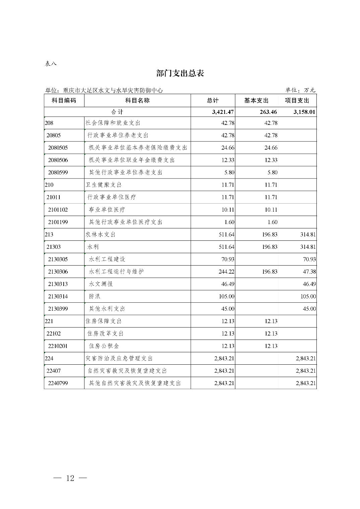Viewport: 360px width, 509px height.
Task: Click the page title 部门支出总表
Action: coord(180,73)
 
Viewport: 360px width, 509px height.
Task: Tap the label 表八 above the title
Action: coord(51,63)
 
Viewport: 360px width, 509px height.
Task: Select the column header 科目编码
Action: coord(64,100)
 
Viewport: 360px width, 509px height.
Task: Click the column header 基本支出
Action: coord(256,100)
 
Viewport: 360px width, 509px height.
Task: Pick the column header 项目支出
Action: coord(297,100)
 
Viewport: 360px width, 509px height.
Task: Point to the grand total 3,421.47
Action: coord(223,112)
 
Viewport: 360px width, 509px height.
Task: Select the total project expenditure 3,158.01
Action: coord(304,112)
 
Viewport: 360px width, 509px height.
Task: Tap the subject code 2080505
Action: coord(58,148)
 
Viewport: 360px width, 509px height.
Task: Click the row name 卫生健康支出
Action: coord(103,185)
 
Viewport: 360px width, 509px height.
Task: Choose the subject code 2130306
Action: coord(58,272)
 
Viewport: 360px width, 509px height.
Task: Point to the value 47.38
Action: coord(309,272)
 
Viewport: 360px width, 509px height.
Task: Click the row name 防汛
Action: coord(95,296)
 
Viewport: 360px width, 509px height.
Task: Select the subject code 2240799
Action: coord(58,383)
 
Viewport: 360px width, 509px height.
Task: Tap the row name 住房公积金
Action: coord(104,346)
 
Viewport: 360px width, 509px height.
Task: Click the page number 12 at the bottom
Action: coord(70,478)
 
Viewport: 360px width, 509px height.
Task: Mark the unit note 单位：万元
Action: coord(300,90)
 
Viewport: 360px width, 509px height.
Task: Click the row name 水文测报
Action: coord(101,284)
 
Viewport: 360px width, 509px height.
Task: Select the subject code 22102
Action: coord(54,334)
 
